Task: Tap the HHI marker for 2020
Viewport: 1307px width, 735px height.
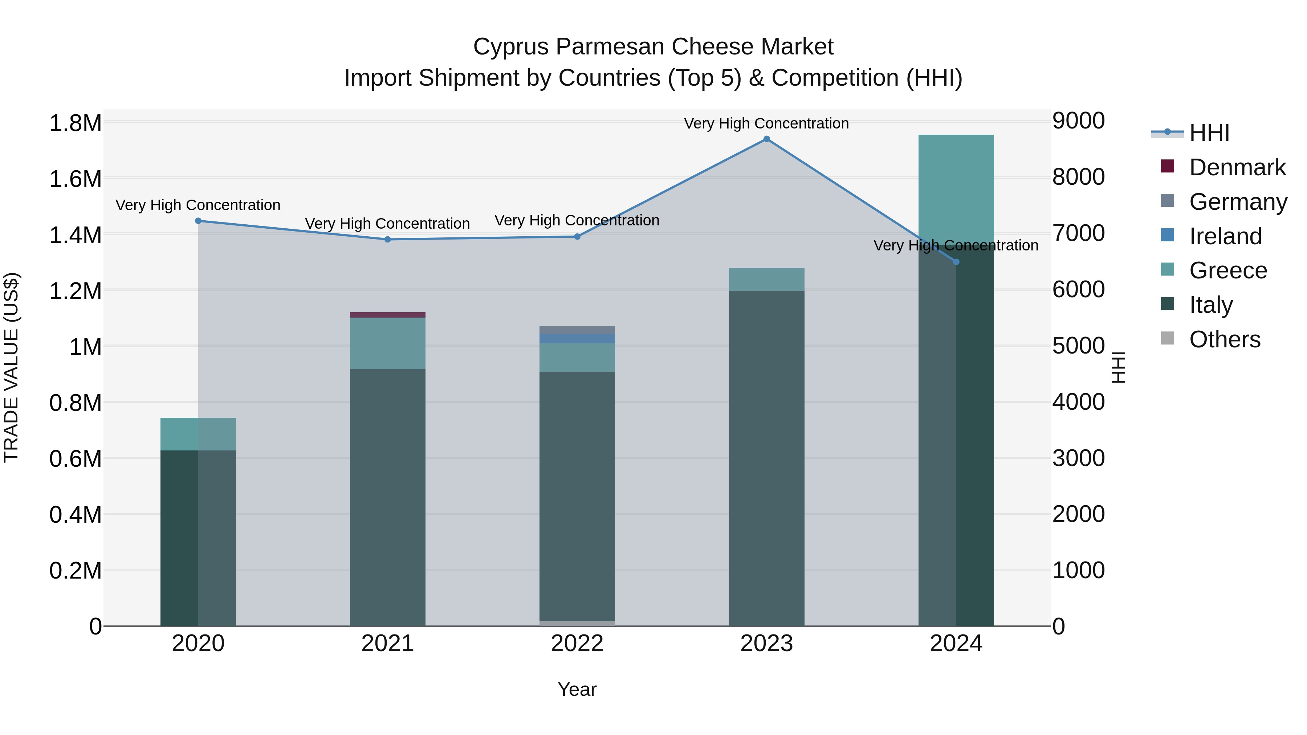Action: pyautogui.click(x=198, y=221)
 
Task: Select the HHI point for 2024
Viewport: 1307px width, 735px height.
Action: pyautogui.click(x=956, y=262)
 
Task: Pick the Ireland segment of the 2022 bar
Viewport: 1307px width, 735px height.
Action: pyautogui.click(x=577, y=338)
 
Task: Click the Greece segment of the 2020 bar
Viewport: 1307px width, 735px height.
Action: pyautogui.click(x=198, y=434)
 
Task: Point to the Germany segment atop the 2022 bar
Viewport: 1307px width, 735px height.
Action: pyautogui.click(x=577, y=330)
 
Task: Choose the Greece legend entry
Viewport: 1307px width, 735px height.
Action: pyautogui.click(x=1227, y=270)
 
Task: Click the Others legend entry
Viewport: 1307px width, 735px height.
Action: pyautogui.click(x=1224, y=339)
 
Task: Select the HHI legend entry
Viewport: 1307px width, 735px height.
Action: pyautogui.click(x=1209, y=133)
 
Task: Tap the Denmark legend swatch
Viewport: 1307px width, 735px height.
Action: pyautogui.click(x=1168, y=166)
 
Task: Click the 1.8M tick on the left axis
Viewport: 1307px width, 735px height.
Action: pyautogui.click(x=75, y=123)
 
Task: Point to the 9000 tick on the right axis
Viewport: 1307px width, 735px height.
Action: pyautogui.click(x=1078, y=121)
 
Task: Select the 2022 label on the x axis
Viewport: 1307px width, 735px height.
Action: pyautogui.click(x=577, y=644)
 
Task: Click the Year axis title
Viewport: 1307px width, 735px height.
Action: pyautogui.click(x=577, y=689)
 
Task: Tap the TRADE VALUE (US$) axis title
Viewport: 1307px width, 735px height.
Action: pyautogui.click(x=11, y=367)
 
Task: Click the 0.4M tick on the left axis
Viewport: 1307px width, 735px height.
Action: pyautogui.click(x=75, y=514)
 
